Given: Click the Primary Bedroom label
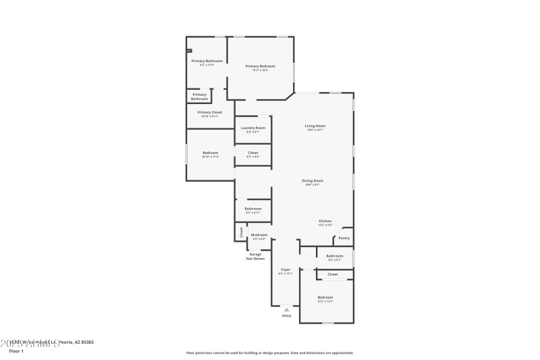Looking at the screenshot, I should (261, 66).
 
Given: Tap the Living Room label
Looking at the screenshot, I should (315, 126).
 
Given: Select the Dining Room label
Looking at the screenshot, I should (313, 180).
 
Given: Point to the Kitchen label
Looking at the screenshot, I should (325, 221).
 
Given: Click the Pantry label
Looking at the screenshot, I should (344, 238).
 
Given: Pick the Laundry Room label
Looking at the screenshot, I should (253, 128).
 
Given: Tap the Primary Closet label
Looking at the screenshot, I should (209, 112).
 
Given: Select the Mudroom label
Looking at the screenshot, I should (259, 234).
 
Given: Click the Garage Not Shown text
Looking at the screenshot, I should (255, 256).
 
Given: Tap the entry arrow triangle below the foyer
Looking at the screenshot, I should (286, 309).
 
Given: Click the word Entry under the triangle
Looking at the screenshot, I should (286, 315).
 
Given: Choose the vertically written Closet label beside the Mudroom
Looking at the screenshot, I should (241, 232).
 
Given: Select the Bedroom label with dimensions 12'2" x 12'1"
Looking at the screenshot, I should (325, 297).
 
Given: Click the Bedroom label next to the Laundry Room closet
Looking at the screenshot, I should (210, 153).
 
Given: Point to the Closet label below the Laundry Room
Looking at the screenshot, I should (253, 153).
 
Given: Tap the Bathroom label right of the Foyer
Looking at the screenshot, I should (335, 255).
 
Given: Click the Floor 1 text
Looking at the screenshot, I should (16, 351).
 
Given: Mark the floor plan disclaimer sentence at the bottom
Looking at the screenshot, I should (269, 353).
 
